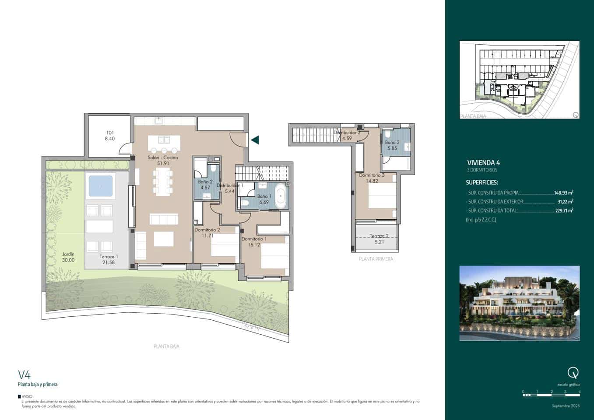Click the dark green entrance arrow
click(255, 140)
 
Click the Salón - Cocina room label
click(163, 160)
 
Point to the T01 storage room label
click(109, 136)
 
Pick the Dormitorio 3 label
click(372, 178)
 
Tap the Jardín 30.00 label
click(68, 257)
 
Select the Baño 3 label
click(392, 145)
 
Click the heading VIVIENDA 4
click(483, 163)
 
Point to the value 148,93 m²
click(563, 192)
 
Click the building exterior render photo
click(519, 303)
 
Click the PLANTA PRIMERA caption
click(376, 259)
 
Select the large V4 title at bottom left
click(24, 374)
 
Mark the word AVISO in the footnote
click(27, 396)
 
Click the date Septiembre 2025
click(566, 406)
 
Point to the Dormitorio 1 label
click(253, 242)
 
